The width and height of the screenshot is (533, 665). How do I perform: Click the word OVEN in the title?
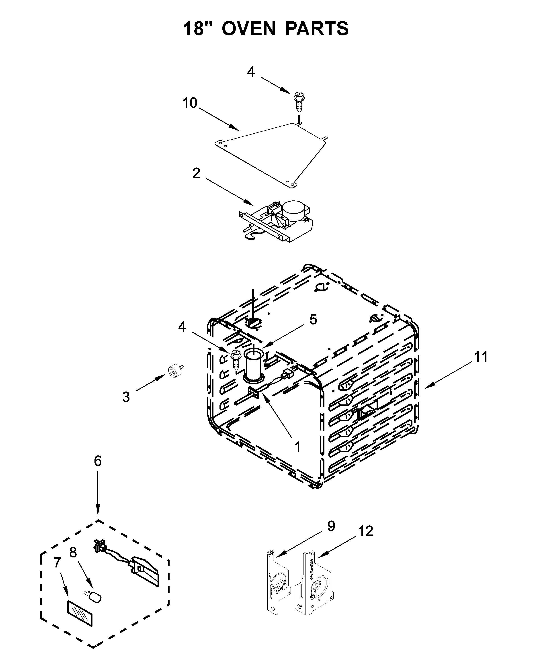(x=248, y=29)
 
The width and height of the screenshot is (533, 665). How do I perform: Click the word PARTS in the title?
(x=317, y=29)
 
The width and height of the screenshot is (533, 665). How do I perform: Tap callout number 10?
(x=190, y=103)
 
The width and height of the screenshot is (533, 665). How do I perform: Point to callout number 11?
(x=481, y=357)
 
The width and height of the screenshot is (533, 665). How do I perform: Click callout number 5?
(x=313, y=320)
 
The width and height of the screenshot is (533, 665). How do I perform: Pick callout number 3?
(x=126, y=397)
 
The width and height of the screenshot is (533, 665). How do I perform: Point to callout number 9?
(x=331, y=526)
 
